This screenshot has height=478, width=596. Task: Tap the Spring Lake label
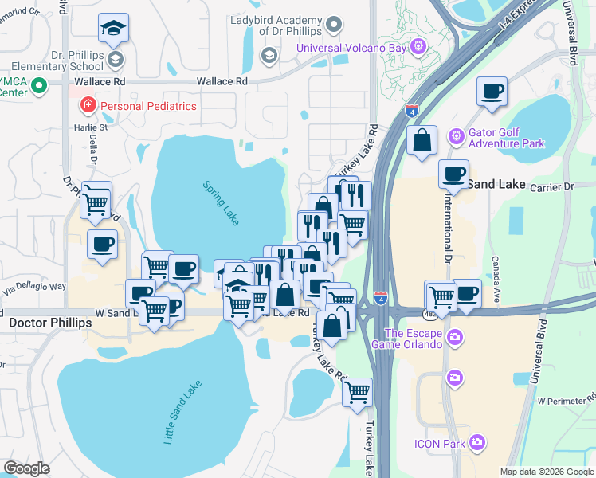[x=220, y=202]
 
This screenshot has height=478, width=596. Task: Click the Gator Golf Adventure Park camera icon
[x=456, y=138]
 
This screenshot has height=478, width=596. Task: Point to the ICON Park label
[x=439, y=444]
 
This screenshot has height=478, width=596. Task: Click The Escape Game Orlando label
[x=414, y=339]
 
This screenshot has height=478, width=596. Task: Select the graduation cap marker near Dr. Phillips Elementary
[x=112, y=29]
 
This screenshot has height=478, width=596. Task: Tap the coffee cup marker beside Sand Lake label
[x=454, y=174]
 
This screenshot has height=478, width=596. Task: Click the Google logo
[x=26, y=468]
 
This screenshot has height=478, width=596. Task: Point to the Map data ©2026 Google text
[x=547, y=472]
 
